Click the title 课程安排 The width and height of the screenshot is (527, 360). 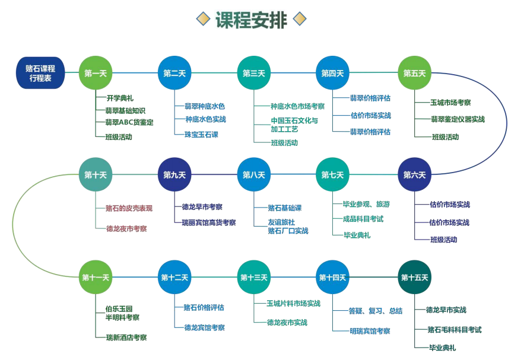pyautogui.click(x=251, y=20)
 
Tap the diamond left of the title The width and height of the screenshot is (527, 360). pyautogui.click(x=203, y=19)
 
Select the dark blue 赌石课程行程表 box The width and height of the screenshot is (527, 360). pyautogui.click(x=40, y=73)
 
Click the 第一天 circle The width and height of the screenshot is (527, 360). pyautogui.click(x=96, y=73)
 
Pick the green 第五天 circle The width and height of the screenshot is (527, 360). pyautogui.click(x=414, y=73)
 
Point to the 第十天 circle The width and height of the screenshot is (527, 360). pyautogui.click(x=96, y=174)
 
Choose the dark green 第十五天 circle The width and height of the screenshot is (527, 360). pyautogui.click(x=414, y=278)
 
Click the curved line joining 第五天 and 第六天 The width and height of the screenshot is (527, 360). pyautogui.click(x=506, y=123)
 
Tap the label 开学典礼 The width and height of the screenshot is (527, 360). pyautogui.click(x=120, y=98)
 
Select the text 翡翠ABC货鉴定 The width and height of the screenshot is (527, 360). pyautogui.click(x=129, y=122)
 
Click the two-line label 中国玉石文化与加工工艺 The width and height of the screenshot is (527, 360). pyautogui.click(x=294, y=125)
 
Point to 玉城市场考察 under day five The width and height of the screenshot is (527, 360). pyautogui.click(x=450, y=103)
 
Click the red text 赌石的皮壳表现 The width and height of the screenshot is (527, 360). pyautogui.click(x=129, y=208)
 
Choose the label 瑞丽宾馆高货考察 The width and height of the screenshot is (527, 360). pyautogui.click(x=209, y=222)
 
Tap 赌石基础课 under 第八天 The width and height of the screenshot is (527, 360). pyautogui.click(x=285, y=208)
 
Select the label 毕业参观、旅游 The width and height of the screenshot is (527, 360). pyautogui.click(x=366, y=204)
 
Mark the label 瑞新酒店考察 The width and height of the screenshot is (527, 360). pyautogui.click(x=126, y=337)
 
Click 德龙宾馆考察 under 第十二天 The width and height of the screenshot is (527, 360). pyautogui.click(x=204, y=327)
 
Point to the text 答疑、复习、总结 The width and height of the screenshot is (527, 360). pyautogui.click(x=376, y=311)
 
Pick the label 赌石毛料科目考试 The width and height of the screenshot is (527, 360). pyautogui.click(x=455, y=330)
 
